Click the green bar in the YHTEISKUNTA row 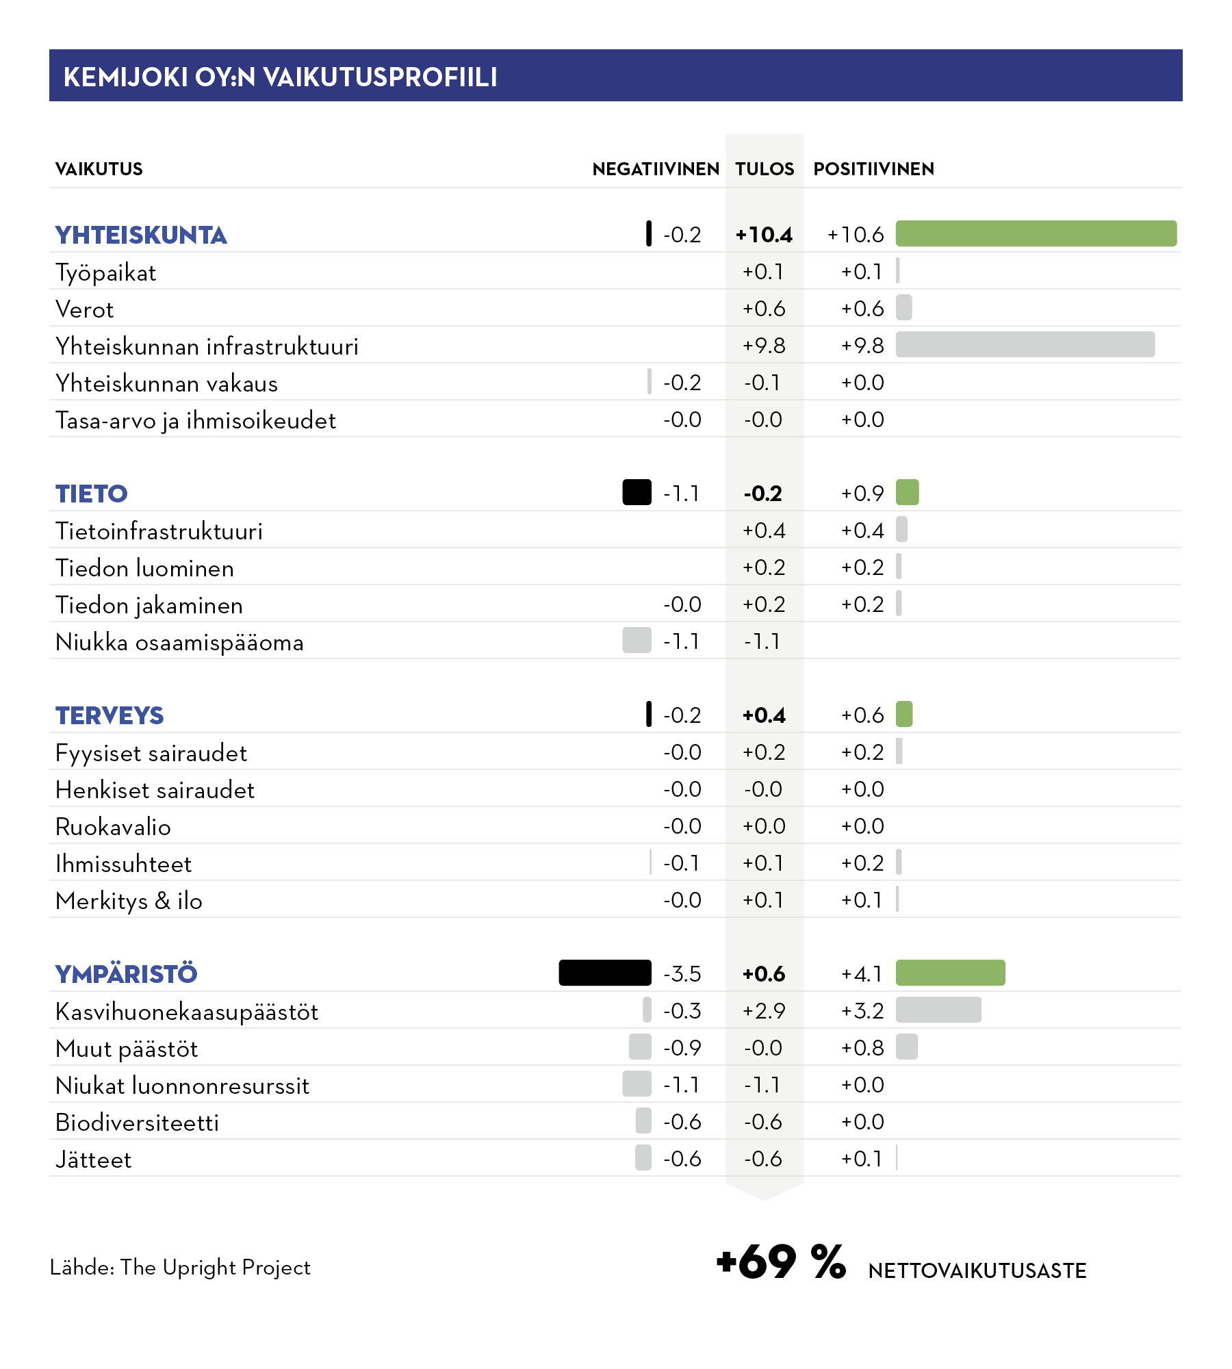[x=1036, y=233]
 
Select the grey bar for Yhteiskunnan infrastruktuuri [x=1025, y=344]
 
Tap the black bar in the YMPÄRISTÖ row [x=605, y=973]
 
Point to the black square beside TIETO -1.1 [x=637, y=492]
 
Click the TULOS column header [x=765, y=169]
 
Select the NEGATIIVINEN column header [x=656, y=169]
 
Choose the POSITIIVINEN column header [x=873, y=169]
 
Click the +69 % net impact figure [x=781, y=1262]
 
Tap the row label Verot [x=84, y=309]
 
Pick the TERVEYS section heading [x=110, y=715]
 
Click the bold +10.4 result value [x=764, y=235]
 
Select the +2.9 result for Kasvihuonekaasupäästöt [x=764, y=1011]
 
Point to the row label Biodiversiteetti [x=137, y=1123]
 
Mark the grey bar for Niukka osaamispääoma [x=637, y=640]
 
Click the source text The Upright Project [x=215, y=1268]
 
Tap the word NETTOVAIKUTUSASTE [x=977, y=1271]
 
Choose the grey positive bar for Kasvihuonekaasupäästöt [x=938, y=1010]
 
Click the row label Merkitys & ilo [x=129, y=901]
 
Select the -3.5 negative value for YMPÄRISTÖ [x=682, y=974]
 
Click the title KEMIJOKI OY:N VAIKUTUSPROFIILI [x=280, y=77]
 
